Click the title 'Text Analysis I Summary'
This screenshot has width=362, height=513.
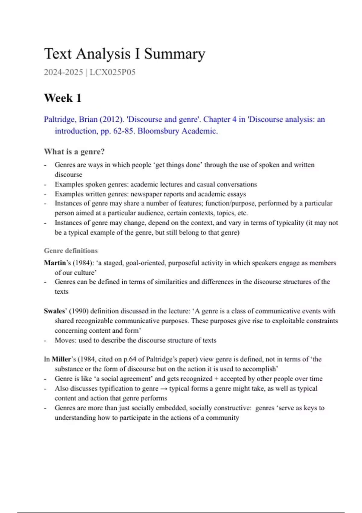point(125,54)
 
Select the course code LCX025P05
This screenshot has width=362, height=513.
point(113,72)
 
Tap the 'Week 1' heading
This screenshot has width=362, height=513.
point(63,98)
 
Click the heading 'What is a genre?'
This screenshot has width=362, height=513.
point(74,151)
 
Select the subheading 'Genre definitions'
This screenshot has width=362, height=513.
point(71,251)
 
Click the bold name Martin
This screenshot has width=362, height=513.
point(55,263)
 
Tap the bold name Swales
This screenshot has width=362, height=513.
point(54,311)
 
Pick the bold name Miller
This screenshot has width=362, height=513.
point(61,359)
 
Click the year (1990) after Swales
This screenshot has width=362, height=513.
point(78,311)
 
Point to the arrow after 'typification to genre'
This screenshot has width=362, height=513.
point(164,389)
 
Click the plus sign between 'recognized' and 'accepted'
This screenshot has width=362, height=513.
point(216,379)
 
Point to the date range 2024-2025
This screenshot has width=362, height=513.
point(63,72)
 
